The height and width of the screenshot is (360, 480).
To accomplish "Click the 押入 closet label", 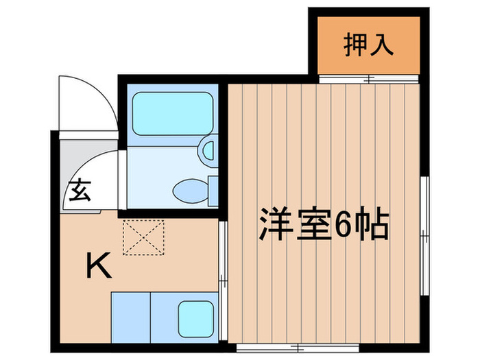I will click(368, 45).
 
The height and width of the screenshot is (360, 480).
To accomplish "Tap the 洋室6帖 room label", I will click(323, 224).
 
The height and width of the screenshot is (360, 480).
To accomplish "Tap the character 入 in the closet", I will click(383, 45).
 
